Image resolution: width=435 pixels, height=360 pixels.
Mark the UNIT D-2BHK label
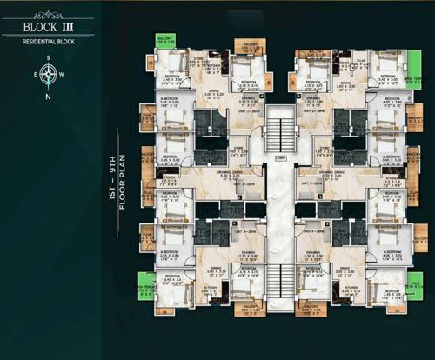pyautogui.click(x=322, y=112)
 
